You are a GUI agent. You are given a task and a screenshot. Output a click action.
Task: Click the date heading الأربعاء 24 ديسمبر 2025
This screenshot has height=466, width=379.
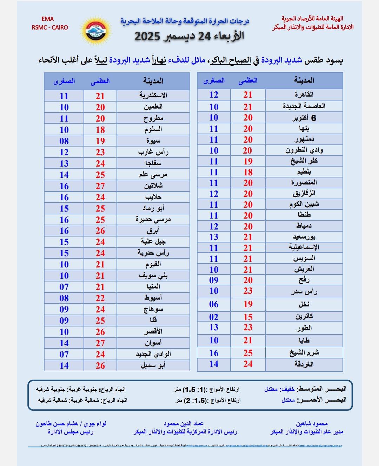click(189, 36)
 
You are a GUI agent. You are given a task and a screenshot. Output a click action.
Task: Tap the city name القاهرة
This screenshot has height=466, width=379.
click(304, 95)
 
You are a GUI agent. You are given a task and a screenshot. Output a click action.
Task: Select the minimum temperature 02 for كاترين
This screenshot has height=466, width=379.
click(214, 317)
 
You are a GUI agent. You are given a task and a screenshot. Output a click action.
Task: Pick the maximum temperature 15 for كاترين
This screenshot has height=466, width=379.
click(248, 317)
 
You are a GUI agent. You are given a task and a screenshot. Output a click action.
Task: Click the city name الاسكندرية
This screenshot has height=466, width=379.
click(153, 96)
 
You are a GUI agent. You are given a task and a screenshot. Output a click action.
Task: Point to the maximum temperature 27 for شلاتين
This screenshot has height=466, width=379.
click(100, 186)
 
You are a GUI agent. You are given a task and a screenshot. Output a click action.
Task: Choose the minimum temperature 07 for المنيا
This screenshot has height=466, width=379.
click(64, 287)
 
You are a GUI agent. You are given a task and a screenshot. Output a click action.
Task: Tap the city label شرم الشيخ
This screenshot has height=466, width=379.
click(304, 353)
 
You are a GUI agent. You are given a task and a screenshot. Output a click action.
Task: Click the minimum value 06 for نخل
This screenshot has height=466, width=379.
click(214, 304)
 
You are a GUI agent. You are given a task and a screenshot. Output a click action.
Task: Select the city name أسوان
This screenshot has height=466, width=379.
click(153, 343)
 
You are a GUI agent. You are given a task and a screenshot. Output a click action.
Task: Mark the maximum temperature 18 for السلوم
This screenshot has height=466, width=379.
click(100, 130)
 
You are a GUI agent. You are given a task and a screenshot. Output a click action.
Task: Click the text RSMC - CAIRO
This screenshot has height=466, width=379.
click(50, 27)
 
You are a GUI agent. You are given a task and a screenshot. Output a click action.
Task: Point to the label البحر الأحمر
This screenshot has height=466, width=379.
click(322, 400)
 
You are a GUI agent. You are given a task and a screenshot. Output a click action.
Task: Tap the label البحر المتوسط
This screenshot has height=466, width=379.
click(322, 389)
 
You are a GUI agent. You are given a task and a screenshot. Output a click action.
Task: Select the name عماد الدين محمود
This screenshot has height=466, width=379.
click(184, 424)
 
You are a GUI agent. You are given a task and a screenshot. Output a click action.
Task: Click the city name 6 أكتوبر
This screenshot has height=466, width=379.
click(304, 118)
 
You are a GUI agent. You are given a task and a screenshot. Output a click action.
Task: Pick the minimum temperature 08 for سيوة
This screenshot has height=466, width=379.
click(64, 141)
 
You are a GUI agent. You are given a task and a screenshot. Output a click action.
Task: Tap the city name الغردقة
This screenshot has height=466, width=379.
click(304, 364)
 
